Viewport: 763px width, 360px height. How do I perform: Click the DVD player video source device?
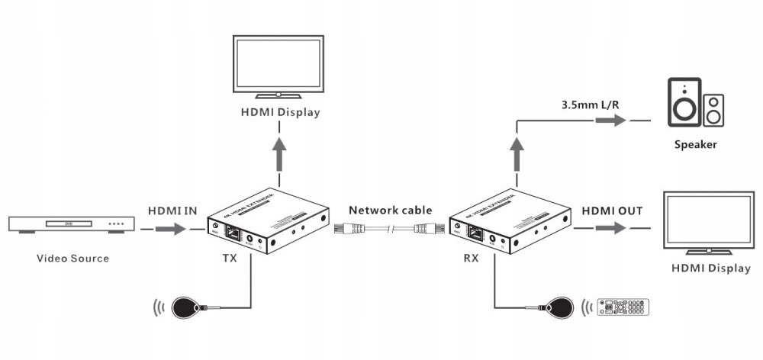(x=71, y=224)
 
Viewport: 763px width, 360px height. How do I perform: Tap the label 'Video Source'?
(x=73, y=258)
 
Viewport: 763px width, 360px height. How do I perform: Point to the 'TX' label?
(x=229, y=258)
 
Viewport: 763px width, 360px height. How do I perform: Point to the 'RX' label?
(x=471, y=258)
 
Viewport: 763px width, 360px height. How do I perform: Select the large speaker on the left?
(x=684, y=102)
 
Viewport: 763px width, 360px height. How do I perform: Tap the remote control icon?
(x=623, y=307)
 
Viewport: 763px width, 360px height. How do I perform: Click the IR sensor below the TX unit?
(x=187, y=308)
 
